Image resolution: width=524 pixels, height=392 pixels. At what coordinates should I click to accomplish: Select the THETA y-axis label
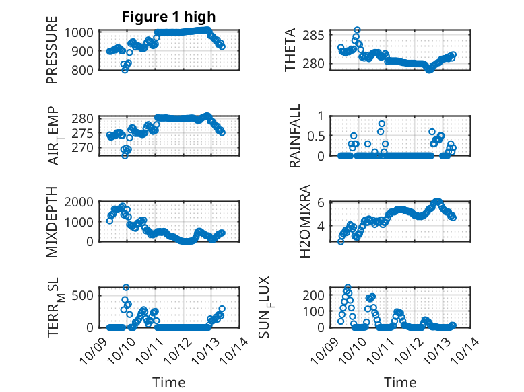[290, 50]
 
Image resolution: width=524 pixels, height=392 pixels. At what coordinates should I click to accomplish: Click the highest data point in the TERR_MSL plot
[126, 288]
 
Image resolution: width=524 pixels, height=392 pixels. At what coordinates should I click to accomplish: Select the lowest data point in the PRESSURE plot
[125, 70]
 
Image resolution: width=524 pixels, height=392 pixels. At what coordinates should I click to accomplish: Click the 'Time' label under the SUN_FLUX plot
[400, 382]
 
